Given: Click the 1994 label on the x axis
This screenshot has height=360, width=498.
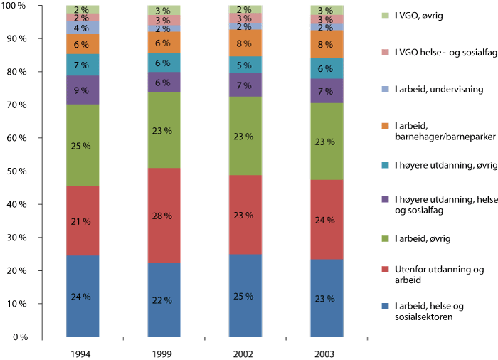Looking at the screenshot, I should click(83, 351).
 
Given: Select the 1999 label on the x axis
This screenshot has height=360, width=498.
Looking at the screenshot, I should click(164, 351).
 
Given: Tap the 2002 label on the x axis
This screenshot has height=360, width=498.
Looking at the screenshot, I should click(245, 351).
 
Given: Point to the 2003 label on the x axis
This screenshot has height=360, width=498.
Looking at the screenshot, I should click(327, 351).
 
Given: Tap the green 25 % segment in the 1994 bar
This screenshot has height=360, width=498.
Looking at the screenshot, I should click(83, 146).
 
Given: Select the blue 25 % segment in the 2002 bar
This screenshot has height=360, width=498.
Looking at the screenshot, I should click(245, 295).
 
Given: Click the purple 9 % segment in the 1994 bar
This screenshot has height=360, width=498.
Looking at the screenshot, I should click(83, 90).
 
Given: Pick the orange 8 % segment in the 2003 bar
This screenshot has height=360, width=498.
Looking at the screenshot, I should click(327, 44).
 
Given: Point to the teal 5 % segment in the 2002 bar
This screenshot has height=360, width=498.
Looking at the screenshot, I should click(245, 65).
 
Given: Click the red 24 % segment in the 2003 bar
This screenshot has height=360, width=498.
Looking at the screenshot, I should click(327, 220).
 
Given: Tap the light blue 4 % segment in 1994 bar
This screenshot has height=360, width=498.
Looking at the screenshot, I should click(83, 28).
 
